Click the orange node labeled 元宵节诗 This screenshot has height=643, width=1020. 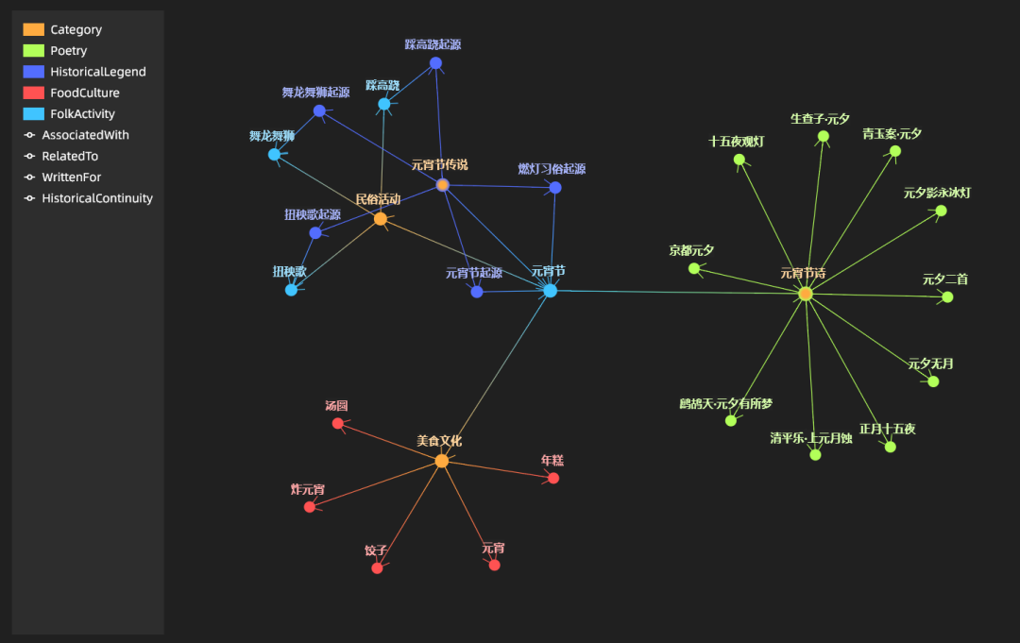(806, 294)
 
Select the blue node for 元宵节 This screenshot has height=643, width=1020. (551, 291)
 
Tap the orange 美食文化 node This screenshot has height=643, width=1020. (441, 461)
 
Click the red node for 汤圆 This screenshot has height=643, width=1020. (338, 423)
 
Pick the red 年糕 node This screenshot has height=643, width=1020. (553, 478)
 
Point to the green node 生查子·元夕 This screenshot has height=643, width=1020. (824, 136)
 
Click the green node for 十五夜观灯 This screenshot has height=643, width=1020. (739, 160)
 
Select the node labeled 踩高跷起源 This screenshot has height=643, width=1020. (435, 63)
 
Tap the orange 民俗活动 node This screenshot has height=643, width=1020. (381, 219)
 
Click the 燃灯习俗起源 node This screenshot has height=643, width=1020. (555, 188)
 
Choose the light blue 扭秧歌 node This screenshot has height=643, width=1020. (292, 290)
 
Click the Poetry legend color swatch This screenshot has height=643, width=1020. (33, 51)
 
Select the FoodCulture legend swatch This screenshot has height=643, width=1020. (33, 93)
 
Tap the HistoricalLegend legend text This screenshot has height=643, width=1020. (98, 72)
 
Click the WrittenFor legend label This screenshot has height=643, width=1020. (72, 178)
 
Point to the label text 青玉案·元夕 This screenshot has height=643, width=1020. (892, 134)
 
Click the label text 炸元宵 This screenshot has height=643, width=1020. (308, 490)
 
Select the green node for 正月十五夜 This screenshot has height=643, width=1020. (890, 447)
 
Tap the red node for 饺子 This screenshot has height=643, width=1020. (378, 567)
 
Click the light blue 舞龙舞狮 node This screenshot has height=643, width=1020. (274, 154)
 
